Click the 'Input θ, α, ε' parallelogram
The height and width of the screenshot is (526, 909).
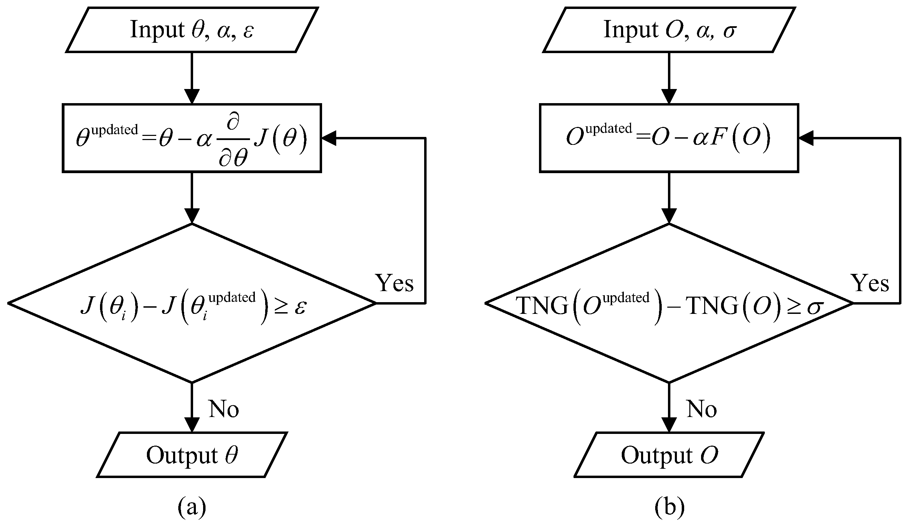192,30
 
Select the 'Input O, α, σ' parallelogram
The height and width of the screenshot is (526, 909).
669,30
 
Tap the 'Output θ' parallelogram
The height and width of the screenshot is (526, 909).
192,455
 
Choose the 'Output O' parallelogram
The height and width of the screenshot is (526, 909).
669,455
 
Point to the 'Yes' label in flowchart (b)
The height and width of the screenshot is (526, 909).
870,283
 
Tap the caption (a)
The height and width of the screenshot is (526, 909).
192,507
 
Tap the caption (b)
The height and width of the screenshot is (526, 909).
669,507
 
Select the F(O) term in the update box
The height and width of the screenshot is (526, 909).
739,138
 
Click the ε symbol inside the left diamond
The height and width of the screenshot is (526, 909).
300,308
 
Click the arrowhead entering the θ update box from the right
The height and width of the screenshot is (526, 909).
328,138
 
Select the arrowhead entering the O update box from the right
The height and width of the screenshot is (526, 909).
806,138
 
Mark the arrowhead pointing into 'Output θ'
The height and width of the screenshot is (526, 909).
192,425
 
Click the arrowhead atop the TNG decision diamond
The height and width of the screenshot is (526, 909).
669,216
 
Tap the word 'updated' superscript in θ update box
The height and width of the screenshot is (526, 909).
115,130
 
